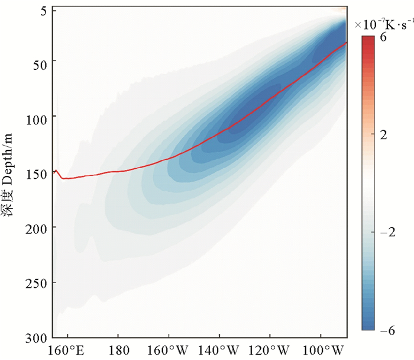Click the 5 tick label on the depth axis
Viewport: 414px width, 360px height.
(x=45, y=10)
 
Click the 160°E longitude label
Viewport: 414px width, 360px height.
(x=67, y=349)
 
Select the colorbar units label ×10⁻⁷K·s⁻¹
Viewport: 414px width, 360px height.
(x=382, y=24)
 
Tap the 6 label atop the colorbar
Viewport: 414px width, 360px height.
(x=383, y=36)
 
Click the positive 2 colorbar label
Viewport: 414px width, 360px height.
(x=383, y=134)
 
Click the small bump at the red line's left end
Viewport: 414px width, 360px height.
(x=56, y=171)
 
